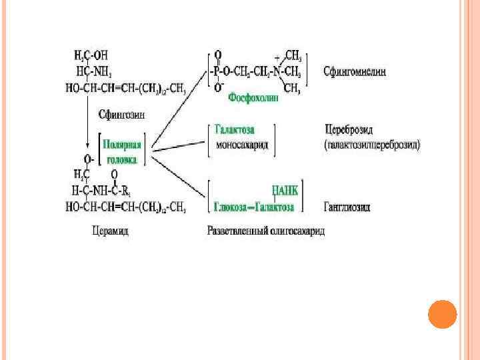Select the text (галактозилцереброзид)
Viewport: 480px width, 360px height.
(x=372, y=144)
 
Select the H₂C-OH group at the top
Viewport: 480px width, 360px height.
(x=87, y=55)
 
